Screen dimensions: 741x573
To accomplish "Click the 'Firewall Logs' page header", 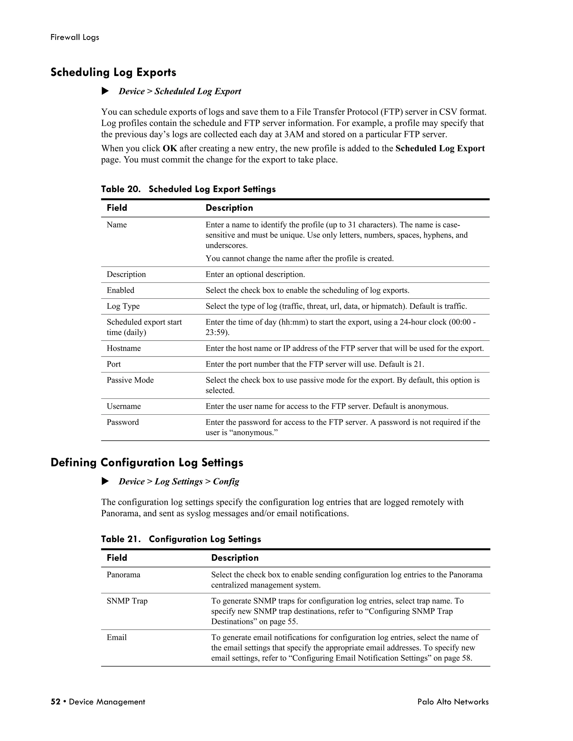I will click(x=75, y=37).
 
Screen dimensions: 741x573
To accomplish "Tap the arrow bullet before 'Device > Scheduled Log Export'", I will click(x=105, y=91).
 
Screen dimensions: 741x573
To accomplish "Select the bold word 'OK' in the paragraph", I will click(x=170, y=148).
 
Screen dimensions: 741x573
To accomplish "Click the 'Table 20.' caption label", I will click(x=121, y=189).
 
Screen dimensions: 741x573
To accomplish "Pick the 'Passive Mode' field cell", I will click(x=130, y=380).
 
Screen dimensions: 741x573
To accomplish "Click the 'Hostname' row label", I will click(x=124, y=348).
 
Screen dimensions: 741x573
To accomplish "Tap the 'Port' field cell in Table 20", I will click(x=114, y=364).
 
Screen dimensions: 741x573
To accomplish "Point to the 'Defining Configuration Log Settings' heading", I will click(x=147, y=462).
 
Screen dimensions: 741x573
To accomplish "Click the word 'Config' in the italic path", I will click(x=226, y=482).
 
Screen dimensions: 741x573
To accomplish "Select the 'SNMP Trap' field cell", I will click(x=127, y=601).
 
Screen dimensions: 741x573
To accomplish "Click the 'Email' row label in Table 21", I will click(x=116, y=638).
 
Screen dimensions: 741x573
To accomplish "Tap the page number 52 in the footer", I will click(x=55, y=702).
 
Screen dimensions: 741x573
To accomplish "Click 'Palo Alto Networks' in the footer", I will click(x=453, y=702).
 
